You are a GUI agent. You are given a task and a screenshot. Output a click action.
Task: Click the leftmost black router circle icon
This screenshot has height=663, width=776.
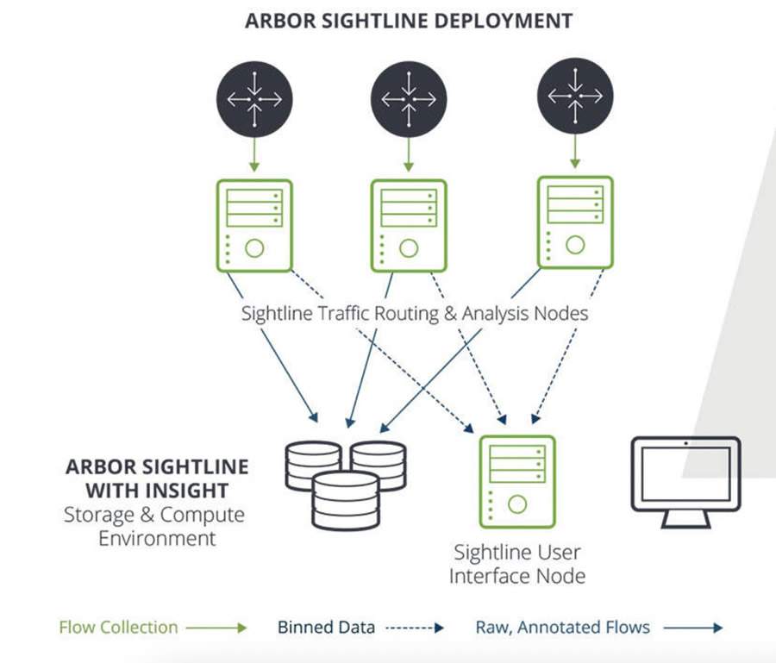pyautogui.click(x=254, y=99)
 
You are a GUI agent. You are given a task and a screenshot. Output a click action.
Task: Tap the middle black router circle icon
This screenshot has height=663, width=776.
pyautogui.click(x=409, y=99)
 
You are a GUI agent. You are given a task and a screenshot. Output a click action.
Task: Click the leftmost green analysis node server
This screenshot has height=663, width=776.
pyautogui.click(x=254, y=225)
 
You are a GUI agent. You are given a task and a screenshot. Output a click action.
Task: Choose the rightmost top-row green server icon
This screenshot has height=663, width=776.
pyautogui.click(x=574, y=222)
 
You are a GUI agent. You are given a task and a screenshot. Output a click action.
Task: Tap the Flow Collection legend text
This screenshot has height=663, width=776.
pyautogui.click(x=118, y=627)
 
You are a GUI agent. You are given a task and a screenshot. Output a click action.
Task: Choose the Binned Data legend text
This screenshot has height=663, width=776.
pyautogui.click(x=326, y=627)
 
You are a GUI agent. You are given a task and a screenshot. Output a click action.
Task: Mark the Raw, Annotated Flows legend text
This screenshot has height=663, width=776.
pyautogui.click(x=562, y=627)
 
